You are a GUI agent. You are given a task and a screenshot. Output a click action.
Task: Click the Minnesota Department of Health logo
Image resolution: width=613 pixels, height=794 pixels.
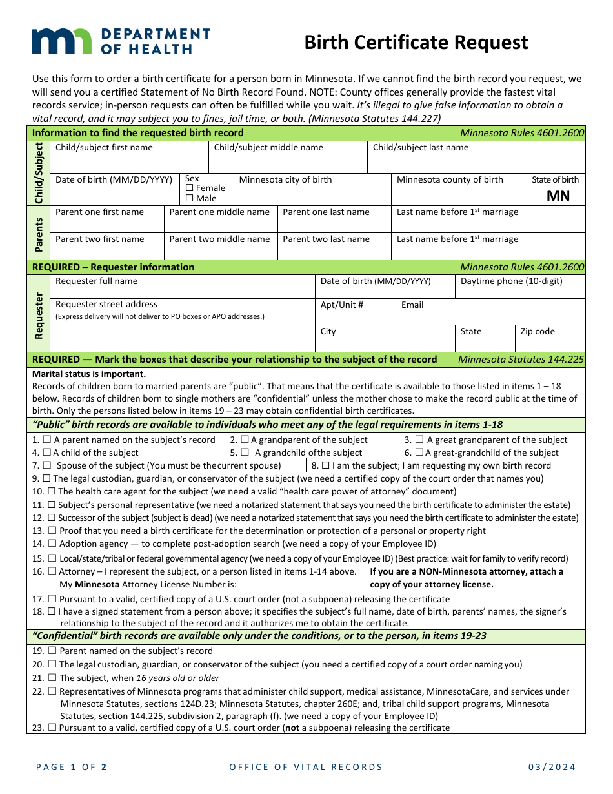[x=121, y=41]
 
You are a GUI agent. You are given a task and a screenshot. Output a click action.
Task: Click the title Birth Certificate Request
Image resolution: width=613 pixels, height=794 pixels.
[x=416, y=43]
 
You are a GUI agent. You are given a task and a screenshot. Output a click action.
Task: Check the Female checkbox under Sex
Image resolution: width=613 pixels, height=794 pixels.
[x=190, y=188]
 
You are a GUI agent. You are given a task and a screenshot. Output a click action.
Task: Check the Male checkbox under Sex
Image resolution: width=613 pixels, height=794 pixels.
[x=190, y=199]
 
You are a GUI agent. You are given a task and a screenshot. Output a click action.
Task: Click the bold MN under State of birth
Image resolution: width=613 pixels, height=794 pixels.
[x=558, y=196]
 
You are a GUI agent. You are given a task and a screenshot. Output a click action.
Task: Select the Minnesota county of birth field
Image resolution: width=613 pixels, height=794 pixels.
[x=458, y=194]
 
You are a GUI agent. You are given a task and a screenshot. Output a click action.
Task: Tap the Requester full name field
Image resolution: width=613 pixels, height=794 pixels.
[x=182, y=290]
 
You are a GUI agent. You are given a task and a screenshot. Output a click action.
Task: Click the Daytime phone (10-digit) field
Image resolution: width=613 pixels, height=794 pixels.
[x=519, y=291]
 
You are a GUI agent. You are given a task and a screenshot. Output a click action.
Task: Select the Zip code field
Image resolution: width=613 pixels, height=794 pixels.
[x=550, y=342]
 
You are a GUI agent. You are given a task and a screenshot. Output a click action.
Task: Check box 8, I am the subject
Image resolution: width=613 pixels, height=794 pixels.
[x=325, y=465]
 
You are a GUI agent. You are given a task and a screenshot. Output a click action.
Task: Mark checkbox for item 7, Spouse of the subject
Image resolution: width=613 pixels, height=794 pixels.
[x=47, y=465]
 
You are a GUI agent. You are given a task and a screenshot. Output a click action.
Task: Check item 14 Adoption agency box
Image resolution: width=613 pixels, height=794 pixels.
[x=53, y=544]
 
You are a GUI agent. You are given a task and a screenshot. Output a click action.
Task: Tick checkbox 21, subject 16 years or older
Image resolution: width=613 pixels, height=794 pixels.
[x=53, y=678]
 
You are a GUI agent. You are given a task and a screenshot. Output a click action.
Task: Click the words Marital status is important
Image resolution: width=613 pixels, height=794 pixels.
[x=89, y=374]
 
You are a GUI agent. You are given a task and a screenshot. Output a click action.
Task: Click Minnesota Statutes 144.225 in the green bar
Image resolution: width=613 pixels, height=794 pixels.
[x=521, y=360]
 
